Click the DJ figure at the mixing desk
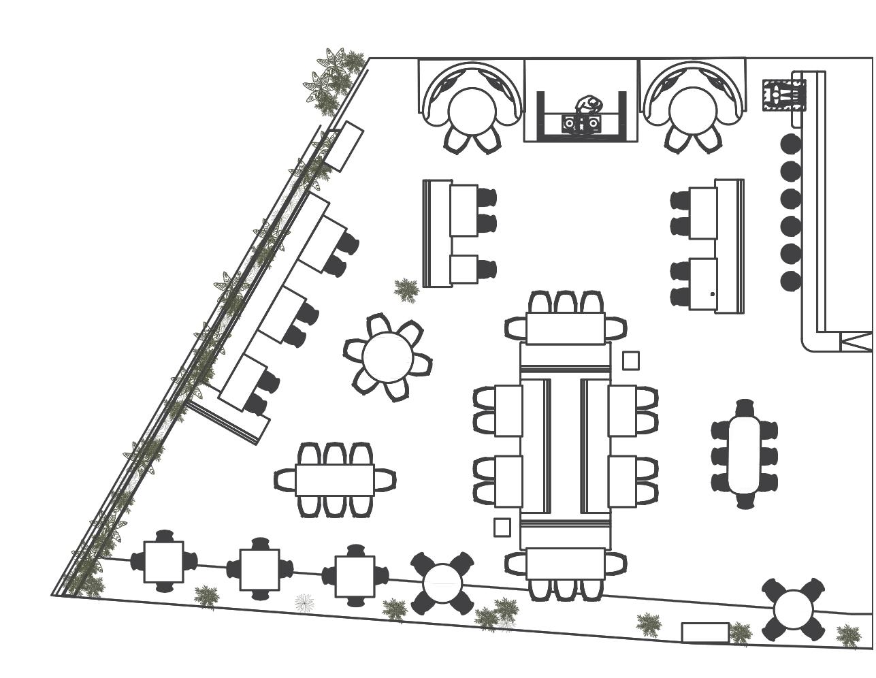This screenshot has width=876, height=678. pyautogui.click(x=589, y=106)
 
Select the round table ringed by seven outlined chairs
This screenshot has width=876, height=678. pyautogui.click(x=387, y=357)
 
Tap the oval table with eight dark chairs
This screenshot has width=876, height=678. pyautogui.click(x=745, y=453)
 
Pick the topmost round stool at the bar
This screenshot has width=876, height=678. pyautogui.click(x=791, y=144)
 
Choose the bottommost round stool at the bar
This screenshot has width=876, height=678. pyautogui.click(x=791, y=280)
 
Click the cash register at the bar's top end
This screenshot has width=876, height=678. pyautogui.click(x=784, y=95)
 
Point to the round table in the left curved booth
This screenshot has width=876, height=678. pyautogui.click(x=472, y=110)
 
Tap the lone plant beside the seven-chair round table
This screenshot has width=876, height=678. pyautogui.click(x=406, y=289)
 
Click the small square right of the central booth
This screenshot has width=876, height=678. pyautogui.click(x=631, y=361)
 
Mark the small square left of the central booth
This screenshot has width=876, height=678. pyautogui.click(x=502, y=527)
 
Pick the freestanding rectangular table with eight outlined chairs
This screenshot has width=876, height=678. pyautogui.click(x=334, y=480)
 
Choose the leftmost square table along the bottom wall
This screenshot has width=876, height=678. pyautogui.click(x=163, y=562)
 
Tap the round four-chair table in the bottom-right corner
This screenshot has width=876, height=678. pyautogui.click(x=793, y=610)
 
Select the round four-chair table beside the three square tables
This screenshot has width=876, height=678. pyautogui.click(x=442, y=583)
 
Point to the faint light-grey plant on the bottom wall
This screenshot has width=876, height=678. pyautogui.click(x=304, y=602)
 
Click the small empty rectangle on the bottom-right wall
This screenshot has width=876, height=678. pyautogui.click(x=705, y=632)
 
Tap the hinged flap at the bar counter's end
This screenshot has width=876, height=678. pyautogui.click(x=856, y=341)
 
